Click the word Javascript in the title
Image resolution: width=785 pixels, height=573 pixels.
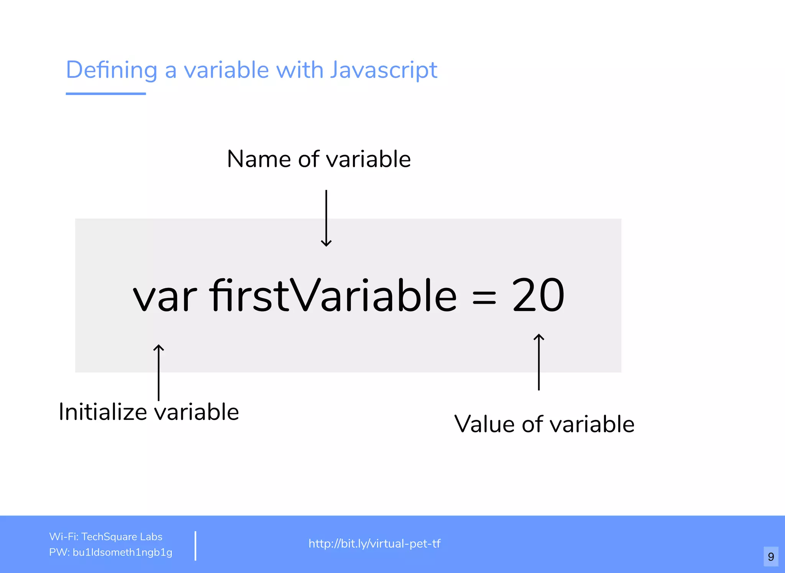(x=383, y=70)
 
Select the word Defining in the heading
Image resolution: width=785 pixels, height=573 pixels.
(x=112, y=70)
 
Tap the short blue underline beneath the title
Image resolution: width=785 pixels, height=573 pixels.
(x=106, y=93)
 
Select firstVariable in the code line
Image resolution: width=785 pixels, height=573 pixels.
(x=333, y=295)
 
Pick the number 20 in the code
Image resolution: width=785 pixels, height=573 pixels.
(x=538, y=295)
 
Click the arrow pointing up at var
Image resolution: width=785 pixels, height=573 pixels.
(x=159, y=372)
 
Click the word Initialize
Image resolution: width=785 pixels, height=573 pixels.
(x=103, y=412)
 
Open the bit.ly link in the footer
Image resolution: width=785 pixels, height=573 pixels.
(x=374, y=543)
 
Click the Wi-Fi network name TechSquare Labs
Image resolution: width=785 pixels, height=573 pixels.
(x=122, y=537)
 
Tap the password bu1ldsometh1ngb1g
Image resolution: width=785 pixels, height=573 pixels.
(x=122, y=552)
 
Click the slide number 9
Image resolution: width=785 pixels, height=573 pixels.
(x=771, y=557)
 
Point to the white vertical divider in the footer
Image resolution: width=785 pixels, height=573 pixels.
(x=195, y=545)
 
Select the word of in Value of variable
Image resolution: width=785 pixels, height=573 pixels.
(x=532, y=424)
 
